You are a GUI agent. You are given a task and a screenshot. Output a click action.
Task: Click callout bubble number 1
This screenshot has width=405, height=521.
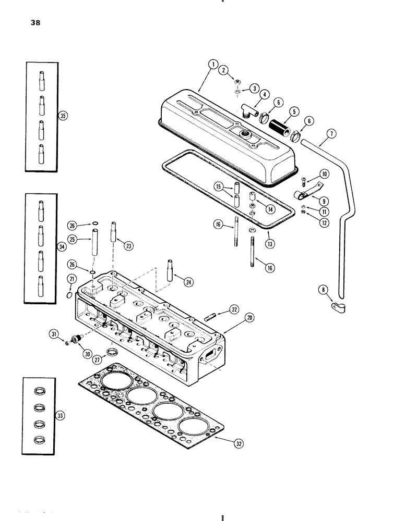tap(212, 65)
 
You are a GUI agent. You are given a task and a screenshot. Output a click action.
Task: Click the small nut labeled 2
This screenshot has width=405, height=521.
tap(236, 82)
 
